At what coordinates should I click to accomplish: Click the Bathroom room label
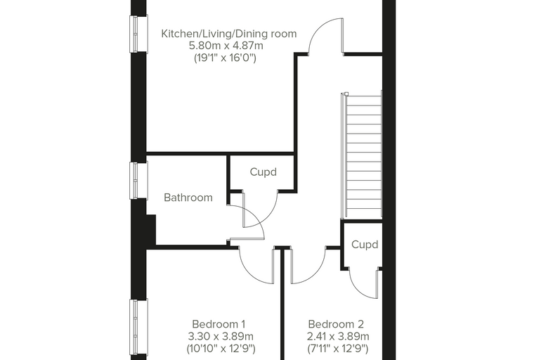coord(188,198)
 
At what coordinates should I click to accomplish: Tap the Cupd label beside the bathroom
coord(263,172)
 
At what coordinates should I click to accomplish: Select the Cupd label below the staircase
coord(365,245)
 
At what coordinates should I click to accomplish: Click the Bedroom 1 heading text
coord(219,324)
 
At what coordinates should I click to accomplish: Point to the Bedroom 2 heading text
coord(336,324)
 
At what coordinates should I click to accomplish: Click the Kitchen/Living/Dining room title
coord(229,34)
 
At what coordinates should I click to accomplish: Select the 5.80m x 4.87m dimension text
coord(226,45)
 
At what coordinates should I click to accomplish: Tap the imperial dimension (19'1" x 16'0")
coord(225,58)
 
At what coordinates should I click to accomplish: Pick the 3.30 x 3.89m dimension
coord(221,337)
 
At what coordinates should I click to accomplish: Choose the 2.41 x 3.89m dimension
coord(338,337)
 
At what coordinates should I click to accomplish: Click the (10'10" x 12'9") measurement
coord(221,349)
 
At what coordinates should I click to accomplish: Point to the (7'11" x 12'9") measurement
coord(337,349)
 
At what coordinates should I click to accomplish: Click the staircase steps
coord(363,157)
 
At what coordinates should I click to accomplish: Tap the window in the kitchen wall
coord(138,34)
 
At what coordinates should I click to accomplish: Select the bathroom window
coord(138,180)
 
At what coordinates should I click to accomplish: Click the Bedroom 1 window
coord(138,328)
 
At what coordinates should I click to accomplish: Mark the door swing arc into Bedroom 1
coord(249,272)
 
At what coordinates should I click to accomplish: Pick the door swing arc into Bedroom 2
coord(315,274)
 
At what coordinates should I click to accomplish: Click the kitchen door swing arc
coord(318,28)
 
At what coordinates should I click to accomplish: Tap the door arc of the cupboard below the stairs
coord(358,290)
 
